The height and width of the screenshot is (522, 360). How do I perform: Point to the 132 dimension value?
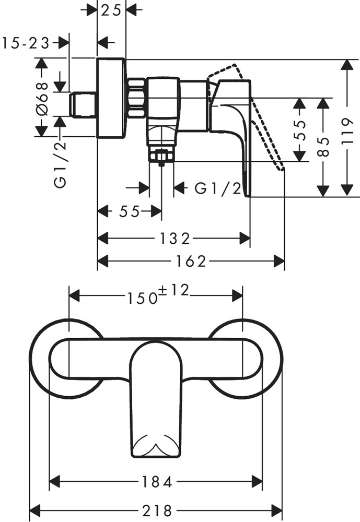[174, 239]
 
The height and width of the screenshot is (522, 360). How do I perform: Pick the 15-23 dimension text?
[26, 43]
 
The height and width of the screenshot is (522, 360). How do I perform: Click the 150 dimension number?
[142, 298]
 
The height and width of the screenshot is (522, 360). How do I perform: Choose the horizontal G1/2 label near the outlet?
[218, 188]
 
